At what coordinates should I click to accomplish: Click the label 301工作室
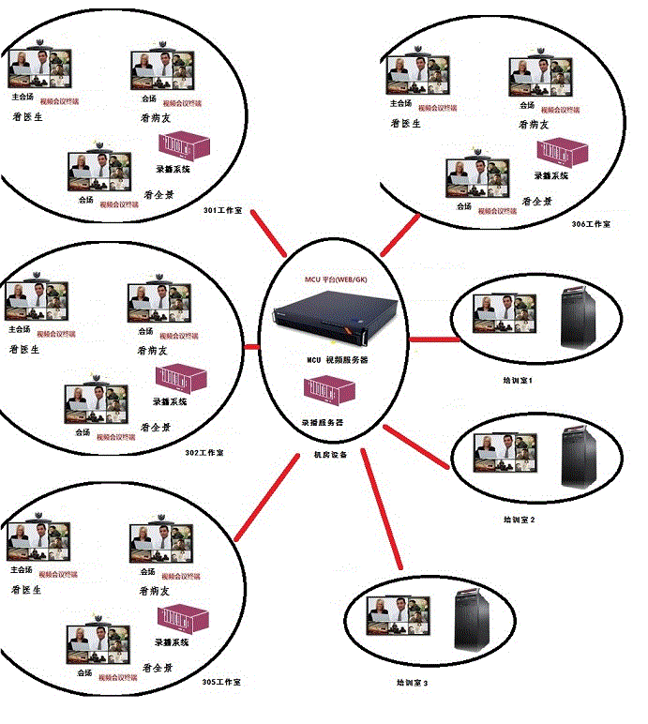(223, 210)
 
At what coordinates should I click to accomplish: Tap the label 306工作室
(591, 225)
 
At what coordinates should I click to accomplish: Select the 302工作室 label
(204, 453)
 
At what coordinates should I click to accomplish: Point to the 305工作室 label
(221, 682)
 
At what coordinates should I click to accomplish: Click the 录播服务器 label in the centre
(323, 423)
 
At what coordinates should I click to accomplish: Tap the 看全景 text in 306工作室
(536, 201)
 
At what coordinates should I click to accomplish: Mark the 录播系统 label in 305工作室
(172, 642)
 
